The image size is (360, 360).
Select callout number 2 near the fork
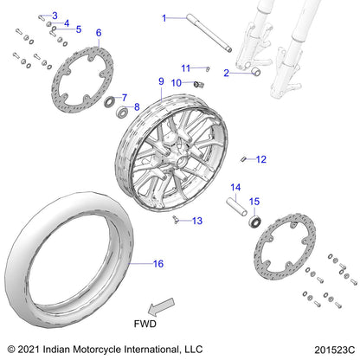tap(226, 74)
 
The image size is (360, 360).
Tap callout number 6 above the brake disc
tap(98, 33)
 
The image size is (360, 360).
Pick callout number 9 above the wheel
tap(161, 80)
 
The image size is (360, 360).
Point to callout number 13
tap(196, 221)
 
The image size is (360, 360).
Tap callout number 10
tap(176, 83)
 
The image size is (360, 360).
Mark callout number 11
tap(185, 67)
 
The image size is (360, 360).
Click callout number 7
tap(124, 98)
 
